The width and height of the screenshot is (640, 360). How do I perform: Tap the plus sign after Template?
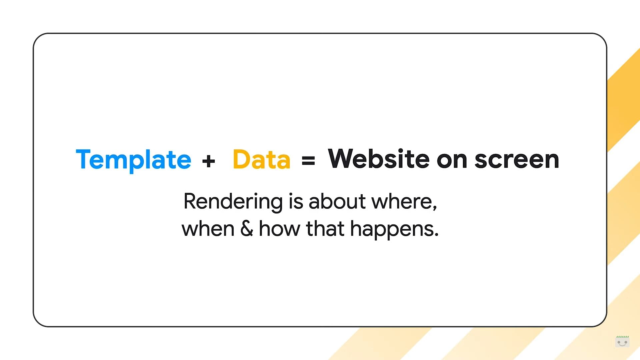tap(209, 161)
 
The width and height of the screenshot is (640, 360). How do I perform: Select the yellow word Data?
tap(261, 159)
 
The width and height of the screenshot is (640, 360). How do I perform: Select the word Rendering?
tap(233, 202)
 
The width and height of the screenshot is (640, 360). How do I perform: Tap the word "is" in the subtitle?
tap(296, 201)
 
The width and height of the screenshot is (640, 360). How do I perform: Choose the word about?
tap(337, 201)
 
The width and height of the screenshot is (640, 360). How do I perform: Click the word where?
tap(402, 201)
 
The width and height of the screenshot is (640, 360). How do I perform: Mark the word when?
tap(208, 229)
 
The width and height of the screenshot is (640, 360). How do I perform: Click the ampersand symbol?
tap(247, 229)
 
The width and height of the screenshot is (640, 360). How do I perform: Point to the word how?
tap(279, 229)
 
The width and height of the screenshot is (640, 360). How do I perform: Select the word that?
tap(325, 229)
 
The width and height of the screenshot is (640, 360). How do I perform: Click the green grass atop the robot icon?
tap(622, 337)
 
